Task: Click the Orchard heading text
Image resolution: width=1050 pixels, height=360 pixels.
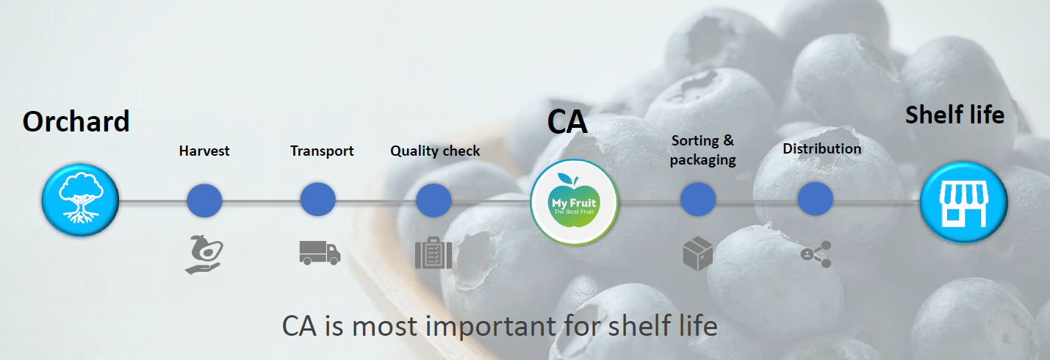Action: point(76,121)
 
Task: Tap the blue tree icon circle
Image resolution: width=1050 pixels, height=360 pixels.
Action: point(80,200)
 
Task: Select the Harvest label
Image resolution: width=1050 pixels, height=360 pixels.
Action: point(204,151)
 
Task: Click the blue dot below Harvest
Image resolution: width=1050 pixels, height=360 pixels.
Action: point(204,200)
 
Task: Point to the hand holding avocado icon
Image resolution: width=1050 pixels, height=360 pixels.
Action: point(204,254)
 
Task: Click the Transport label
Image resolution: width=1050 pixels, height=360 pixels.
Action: point(322,151)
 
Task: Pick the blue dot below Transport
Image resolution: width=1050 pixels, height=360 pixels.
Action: point(318,199)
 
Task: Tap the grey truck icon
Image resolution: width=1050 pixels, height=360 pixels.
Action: point(320,253)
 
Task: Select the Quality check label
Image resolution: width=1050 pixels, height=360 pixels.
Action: point(435,151)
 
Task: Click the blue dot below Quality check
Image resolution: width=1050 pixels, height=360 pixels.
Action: point(434,200)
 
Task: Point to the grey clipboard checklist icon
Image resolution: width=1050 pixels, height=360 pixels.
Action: point(434,253)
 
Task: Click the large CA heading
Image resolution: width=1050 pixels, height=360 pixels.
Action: point(567,123)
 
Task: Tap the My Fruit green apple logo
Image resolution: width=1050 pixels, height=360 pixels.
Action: point(574,202)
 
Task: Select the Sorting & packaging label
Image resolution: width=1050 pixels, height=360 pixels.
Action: point(702,151)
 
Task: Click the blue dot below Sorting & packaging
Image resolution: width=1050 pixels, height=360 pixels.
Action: point(698,199)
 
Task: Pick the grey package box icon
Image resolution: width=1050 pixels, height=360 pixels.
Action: point(698,253)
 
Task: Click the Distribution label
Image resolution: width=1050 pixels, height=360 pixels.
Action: point(822,148)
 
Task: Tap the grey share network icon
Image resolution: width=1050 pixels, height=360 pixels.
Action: point(816,254)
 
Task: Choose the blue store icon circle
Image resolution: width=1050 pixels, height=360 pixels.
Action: point(964,202)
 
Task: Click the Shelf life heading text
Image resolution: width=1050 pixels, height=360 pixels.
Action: point(954,115)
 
